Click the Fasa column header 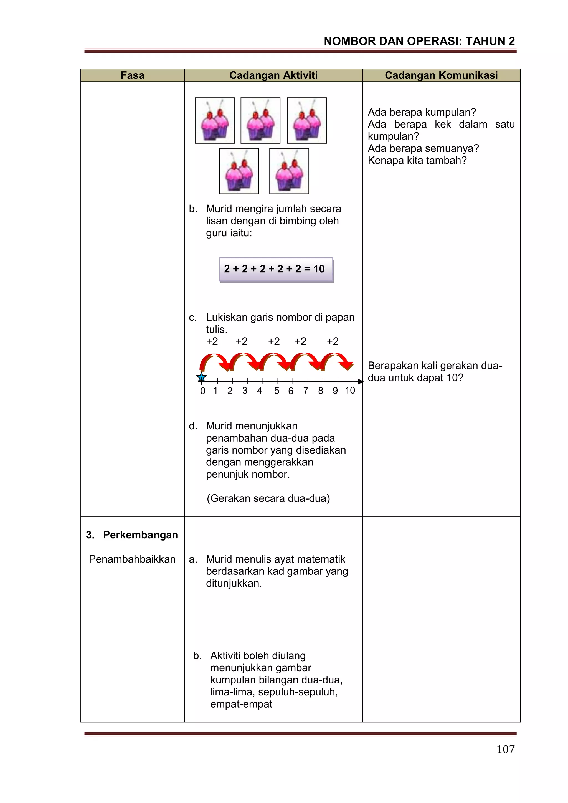133,75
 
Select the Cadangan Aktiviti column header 273,75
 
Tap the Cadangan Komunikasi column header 441,75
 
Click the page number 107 505,749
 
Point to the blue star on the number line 201,377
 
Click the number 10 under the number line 350,391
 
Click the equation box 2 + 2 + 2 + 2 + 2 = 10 276,269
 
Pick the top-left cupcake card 215,120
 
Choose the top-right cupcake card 307,120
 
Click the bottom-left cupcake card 239,171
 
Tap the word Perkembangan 141,535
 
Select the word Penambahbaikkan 132,559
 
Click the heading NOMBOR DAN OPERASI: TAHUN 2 419,41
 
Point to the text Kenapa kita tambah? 417,161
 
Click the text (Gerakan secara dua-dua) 268,498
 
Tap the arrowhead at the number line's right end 361,382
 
